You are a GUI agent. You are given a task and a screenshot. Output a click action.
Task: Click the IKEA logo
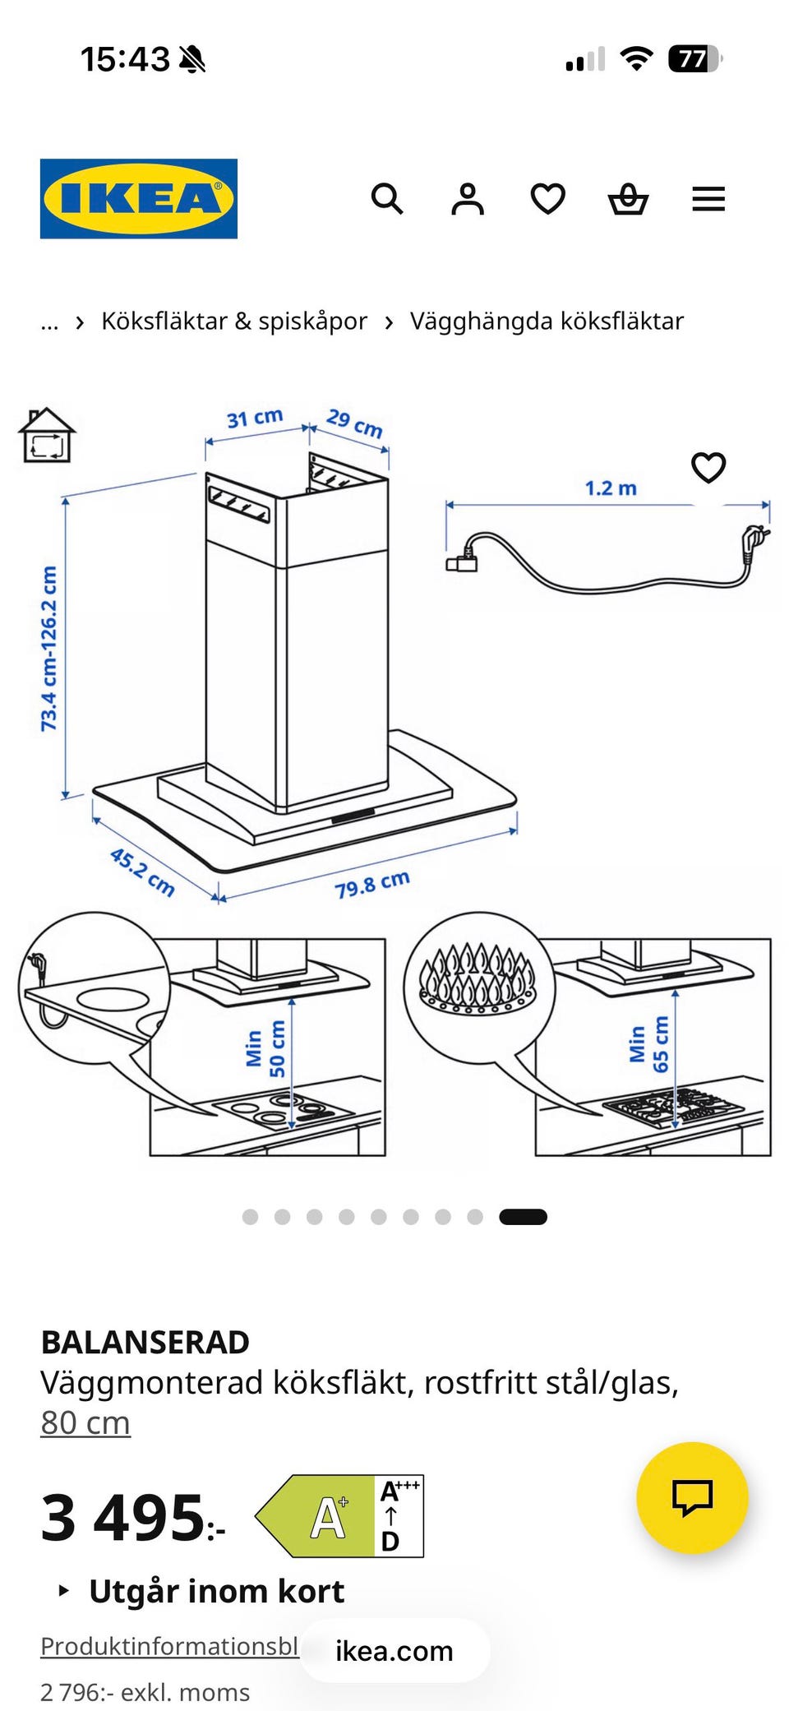click(x=139, y=199)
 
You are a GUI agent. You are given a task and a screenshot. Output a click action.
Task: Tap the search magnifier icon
click(x=387, y=199)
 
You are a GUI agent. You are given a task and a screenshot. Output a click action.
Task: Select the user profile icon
click(x=468, y=199)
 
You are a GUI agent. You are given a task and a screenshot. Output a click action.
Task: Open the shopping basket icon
click(x=629, y=200)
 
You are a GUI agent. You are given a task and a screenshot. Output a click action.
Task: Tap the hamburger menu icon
click(x=708, y=199)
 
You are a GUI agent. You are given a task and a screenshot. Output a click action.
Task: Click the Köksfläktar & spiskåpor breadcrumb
click(x=234, y=321)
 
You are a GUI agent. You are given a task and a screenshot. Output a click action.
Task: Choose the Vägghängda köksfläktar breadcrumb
click(x=547, y=321)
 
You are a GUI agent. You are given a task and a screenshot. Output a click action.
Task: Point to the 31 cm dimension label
click(x=255, y=418)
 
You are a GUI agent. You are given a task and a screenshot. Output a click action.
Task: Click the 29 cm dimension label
click(x=355, y=423)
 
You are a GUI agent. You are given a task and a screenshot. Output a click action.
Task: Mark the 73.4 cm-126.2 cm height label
click(x=49, y=648)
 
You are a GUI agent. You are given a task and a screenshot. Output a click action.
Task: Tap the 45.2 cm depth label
click(x=142, y=872)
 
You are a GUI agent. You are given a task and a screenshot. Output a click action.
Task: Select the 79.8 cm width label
click(x=372, y=884)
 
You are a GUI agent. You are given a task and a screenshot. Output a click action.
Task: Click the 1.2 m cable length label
click(x=611, y=488)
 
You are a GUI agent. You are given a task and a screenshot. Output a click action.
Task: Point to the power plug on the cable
click(x=754, y=542)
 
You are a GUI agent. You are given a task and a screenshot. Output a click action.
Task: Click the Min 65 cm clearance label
click(x=648, y=1044)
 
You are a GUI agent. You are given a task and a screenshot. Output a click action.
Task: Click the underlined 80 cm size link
click(x=85, y=1422)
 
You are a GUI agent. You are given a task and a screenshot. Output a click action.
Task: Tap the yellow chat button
click(x=693, y=1497)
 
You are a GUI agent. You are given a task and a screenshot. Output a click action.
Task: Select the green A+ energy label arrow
click(x=316, y=1516)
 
